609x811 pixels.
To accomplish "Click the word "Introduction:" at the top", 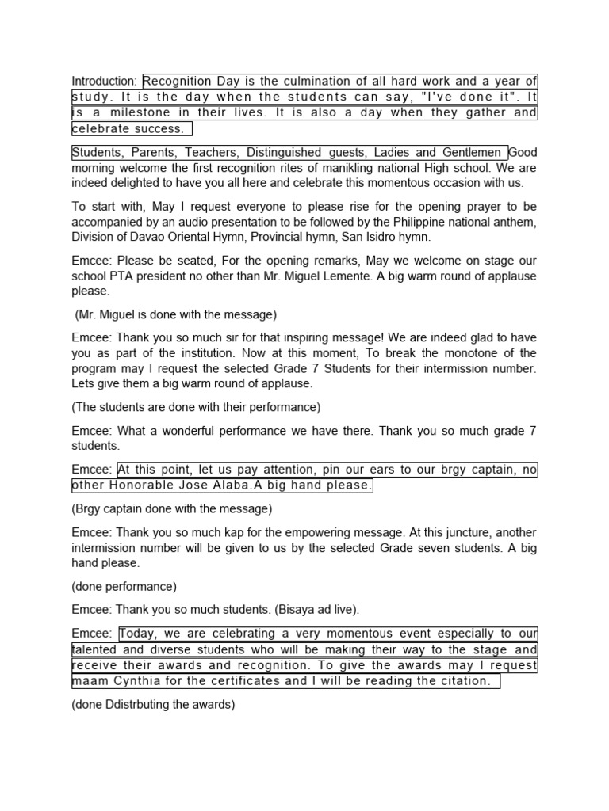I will pyautogui.click(x=105, y=81).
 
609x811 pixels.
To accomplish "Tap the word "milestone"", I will pyautogui.click(x=131, y=112).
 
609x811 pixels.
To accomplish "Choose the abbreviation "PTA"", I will pyautogui.click(x=122, y=276).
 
